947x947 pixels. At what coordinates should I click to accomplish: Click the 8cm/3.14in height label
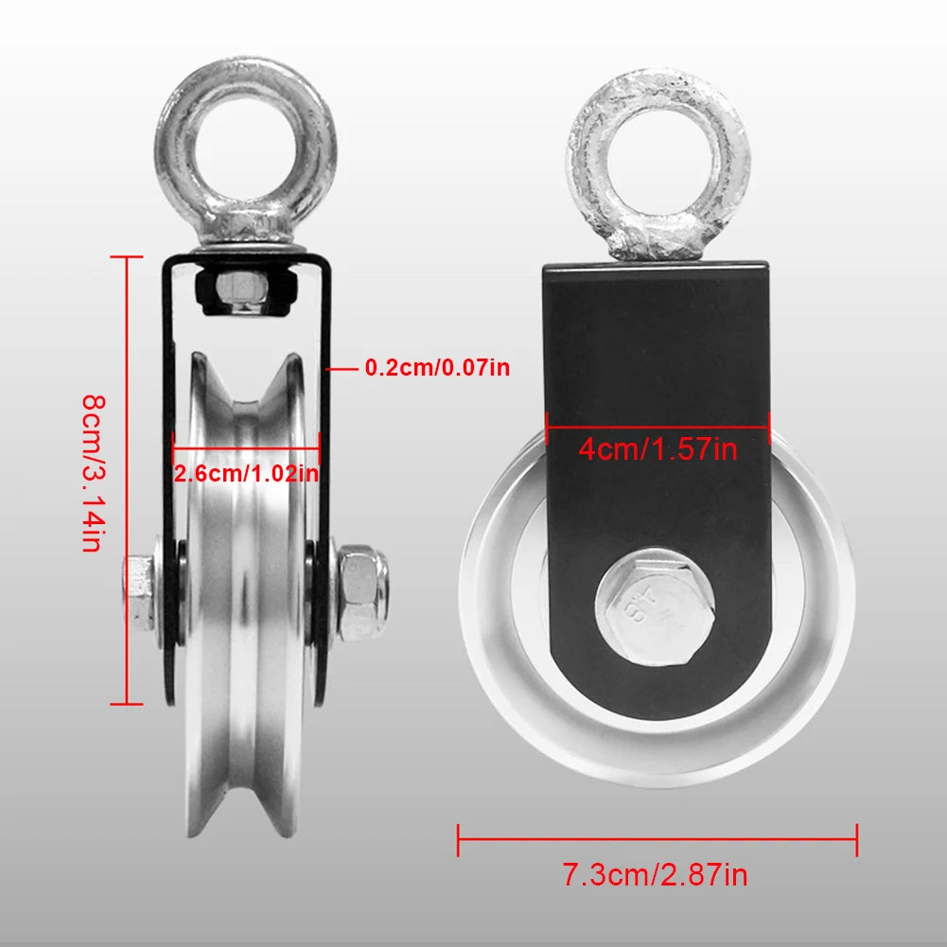(90, 473)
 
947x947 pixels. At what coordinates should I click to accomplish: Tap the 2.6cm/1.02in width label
(246, 472)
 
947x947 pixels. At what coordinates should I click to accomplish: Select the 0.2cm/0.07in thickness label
(437, 367)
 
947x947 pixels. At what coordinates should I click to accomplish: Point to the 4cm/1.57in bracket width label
(658, 447)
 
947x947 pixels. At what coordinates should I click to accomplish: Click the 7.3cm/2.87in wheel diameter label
(656, 874)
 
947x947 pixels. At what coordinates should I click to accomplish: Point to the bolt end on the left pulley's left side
(141, 594)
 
